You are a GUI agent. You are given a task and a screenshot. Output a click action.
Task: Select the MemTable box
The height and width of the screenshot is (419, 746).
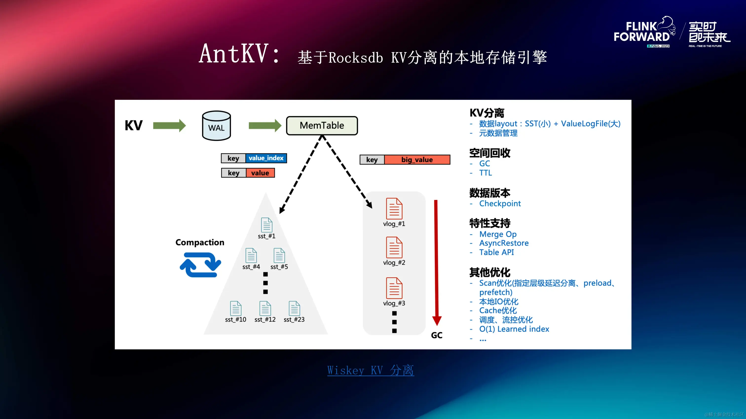click(x=322, y=125)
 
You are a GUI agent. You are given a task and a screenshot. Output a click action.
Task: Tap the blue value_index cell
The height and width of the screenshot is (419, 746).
click(x=266, y=158)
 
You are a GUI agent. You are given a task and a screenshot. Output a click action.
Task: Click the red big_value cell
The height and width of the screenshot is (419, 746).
click(x=417, y=160)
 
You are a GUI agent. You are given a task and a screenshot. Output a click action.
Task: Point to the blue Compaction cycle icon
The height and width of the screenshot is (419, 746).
click(x=200, y=265)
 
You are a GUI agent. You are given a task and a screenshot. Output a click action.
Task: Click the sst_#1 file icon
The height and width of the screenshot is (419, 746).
click(x=266, y=225)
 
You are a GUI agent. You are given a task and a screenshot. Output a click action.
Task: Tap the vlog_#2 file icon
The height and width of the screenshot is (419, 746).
click(x=394, y=248)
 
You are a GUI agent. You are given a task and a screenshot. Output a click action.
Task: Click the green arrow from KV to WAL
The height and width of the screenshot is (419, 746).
click(x=169, y=125)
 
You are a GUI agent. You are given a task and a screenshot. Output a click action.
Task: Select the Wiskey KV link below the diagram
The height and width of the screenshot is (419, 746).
click(x=370, y=370)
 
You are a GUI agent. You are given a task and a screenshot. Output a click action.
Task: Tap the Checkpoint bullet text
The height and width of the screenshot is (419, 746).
click(x=500, y=203)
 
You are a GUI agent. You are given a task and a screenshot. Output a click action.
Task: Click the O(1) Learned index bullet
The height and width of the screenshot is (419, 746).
click(x=514, y=329)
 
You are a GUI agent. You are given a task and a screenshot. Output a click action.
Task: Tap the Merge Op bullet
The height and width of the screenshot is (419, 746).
click(x=498, y=234)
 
